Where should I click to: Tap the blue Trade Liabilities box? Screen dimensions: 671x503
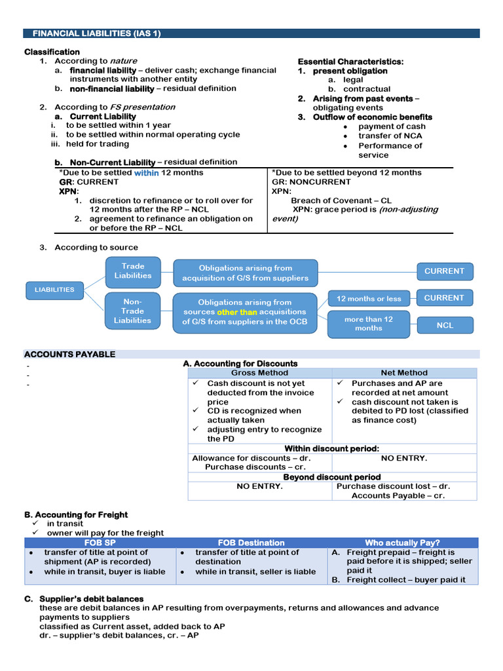coord(132,271)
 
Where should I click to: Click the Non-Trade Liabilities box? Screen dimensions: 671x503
coord(132,311)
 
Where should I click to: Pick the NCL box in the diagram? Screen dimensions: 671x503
coord(445,325)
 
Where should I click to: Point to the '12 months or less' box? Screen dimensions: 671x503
coord(369,299)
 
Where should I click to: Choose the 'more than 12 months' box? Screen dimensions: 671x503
coord(369,324)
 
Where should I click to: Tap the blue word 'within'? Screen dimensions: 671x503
coord(146,173)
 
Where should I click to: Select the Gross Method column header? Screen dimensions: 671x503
coord(259,373)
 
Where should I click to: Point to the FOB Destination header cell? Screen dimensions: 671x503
coord(251,543)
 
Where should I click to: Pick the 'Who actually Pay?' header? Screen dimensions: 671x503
coord(402,543)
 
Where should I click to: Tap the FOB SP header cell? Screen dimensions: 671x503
coord(100,543)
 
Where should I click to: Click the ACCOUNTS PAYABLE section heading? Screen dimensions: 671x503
coord(69,355)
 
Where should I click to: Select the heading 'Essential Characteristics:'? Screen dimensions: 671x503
coord(350,62)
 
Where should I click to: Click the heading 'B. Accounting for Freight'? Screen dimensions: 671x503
coord(76,515)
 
